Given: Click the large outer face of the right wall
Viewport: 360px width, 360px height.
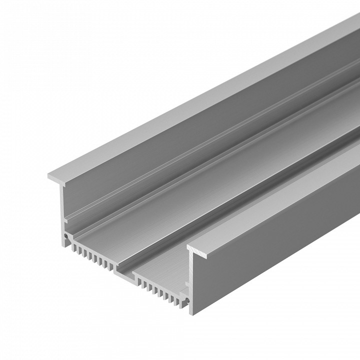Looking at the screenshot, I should (280, 240).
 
